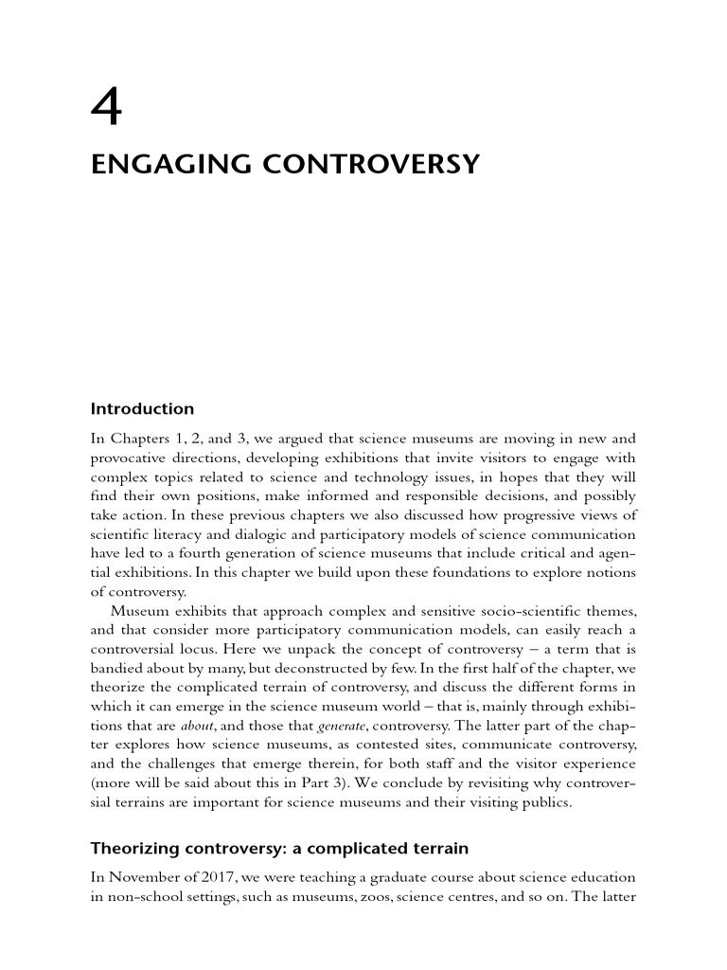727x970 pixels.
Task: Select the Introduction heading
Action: click(142, 409)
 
